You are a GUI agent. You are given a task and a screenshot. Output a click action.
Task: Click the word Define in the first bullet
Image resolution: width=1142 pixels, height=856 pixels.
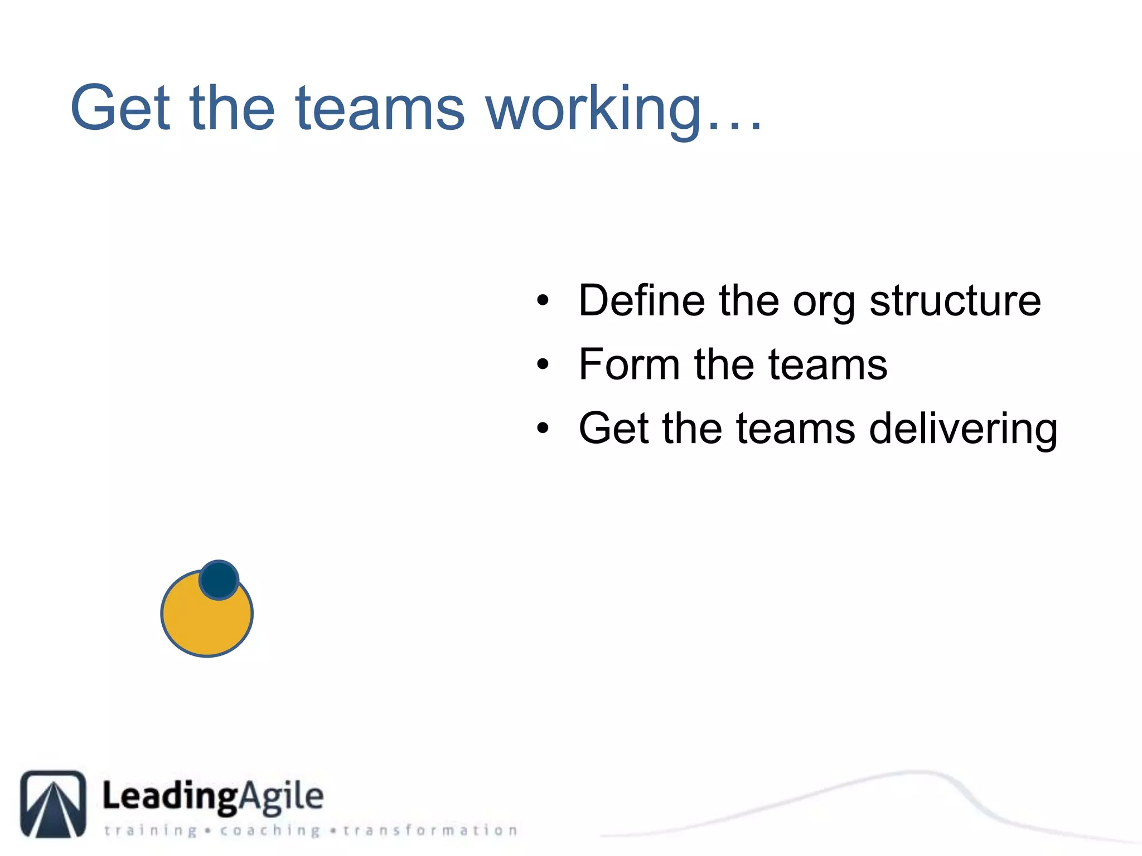coord(642,300)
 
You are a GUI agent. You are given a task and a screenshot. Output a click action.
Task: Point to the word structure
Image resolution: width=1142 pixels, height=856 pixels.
coord(955,300)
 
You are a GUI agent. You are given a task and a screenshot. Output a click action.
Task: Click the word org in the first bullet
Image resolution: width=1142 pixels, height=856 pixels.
coord(824,304)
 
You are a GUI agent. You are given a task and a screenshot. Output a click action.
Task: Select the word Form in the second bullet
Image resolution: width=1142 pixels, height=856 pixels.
coord(629,364)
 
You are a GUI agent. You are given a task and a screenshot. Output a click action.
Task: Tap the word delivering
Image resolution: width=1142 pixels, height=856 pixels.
coord(963,429)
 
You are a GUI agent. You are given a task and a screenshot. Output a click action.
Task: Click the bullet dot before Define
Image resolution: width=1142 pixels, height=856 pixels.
coord(543,301)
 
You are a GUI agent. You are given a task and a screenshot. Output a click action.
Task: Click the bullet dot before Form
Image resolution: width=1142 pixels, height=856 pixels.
coord(543,365)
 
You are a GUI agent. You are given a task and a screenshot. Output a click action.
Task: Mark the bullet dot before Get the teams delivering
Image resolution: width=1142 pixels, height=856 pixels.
coord(543,429)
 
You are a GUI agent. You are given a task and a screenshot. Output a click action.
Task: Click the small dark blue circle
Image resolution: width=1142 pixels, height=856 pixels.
coord(219,580)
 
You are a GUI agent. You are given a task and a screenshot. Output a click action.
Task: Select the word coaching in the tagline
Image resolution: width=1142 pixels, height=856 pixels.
coord(270,830)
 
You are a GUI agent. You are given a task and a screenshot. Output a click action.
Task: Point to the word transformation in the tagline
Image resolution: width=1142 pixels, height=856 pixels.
coord(430,830)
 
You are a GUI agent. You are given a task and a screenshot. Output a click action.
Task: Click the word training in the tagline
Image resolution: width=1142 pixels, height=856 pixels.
coord(151,830)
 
